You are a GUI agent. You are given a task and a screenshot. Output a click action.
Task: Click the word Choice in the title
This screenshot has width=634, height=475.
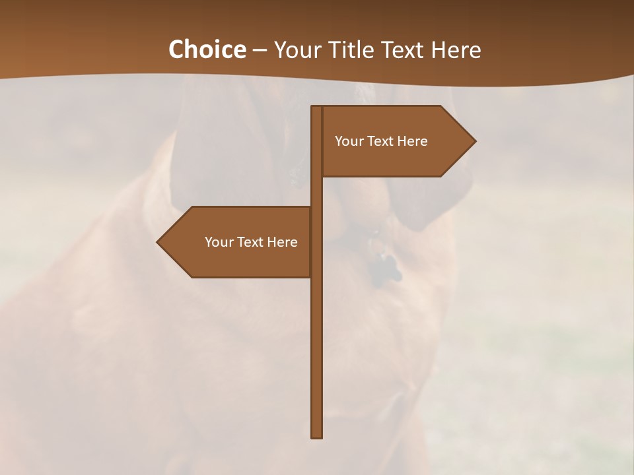(207, 49)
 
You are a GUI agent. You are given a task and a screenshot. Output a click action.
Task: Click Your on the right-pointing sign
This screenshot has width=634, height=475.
(348, 141)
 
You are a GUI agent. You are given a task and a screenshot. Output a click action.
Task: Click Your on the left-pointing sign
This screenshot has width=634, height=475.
(218, 242)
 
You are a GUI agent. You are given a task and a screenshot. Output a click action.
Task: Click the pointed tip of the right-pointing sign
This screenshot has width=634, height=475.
(474, 141)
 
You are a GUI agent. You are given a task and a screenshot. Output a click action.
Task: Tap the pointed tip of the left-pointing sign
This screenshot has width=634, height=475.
(158, 242)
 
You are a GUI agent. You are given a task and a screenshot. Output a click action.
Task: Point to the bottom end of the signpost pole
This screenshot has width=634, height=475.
(317, 436)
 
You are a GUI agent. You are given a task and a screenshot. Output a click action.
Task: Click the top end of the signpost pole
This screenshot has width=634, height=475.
(317, 108)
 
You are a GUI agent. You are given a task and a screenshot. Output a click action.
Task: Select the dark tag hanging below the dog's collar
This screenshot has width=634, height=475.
(383, 269)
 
